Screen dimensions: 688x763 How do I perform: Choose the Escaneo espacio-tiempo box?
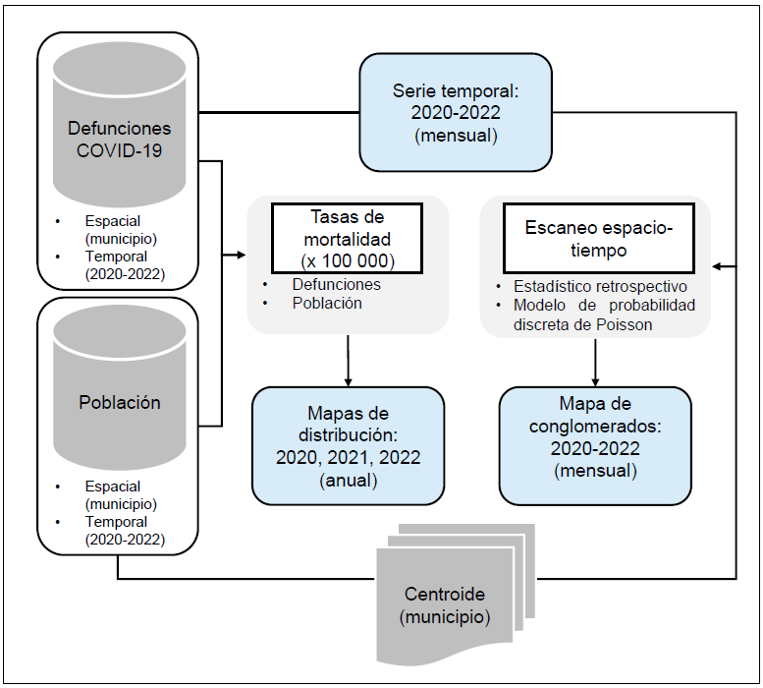tap(599, 238)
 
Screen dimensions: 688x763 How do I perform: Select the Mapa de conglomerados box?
tap(595, 445)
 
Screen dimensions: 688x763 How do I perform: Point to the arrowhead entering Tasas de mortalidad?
tap(240, 258)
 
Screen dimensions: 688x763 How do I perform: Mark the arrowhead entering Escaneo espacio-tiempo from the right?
tap(718, 266)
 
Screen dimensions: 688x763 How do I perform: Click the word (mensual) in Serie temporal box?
tap(455, 135)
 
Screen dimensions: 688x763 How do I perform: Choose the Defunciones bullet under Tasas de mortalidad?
tap(336, 284)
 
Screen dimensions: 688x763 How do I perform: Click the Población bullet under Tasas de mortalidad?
tap(327, 303)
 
